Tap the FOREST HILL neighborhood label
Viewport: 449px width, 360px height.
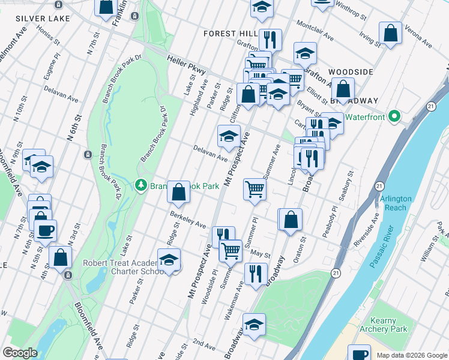230,34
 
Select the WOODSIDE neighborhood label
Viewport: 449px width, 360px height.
351,72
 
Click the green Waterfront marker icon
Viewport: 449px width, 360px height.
394,116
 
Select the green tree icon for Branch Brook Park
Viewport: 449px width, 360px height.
141,185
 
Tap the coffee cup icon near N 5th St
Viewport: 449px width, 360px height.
45,229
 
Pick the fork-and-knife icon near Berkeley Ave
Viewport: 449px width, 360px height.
221,233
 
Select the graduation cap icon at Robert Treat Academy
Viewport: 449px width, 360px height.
169,260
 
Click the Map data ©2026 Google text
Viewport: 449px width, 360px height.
411,355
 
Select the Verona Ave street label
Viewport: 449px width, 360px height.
420,37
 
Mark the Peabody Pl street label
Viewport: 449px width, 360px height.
329,225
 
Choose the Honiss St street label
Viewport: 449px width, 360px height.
48,35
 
